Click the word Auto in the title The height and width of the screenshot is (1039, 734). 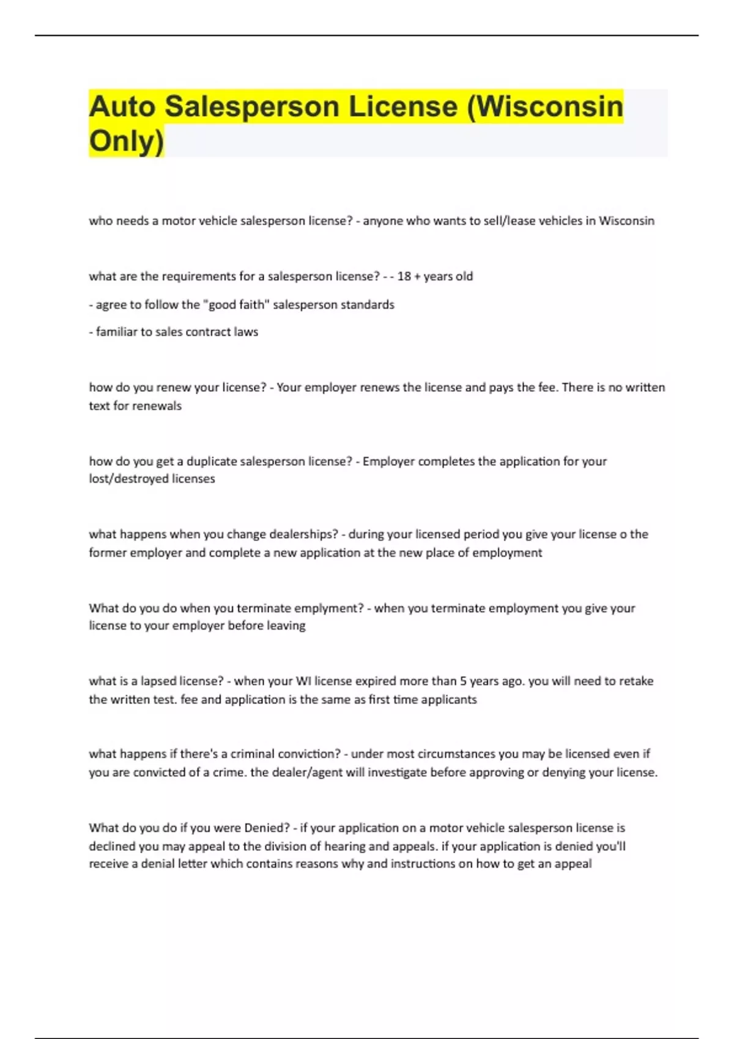[x=122, y=106]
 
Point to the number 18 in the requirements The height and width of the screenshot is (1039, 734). [x=404, y=276]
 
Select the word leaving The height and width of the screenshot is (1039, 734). [x=286, y=625]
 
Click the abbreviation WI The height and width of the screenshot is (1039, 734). [x=303, y=681]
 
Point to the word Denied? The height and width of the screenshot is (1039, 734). [x=267, y=828]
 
